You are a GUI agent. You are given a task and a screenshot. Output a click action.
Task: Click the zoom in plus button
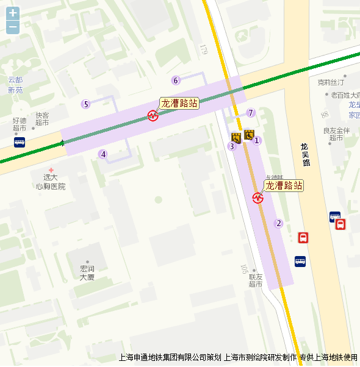[13, 13]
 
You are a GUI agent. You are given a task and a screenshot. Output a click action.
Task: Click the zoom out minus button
[13, 27]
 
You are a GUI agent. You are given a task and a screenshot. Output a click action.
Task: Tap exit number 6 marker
[176, 80]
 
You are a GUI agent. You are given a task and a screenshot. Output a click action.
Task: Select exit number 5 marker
[86, 104]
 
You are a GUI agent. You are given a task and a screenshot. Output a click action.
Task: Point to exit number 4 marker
[104, 154]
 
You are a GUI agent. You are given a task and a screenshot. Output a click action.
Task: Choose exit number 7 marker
[250, 113]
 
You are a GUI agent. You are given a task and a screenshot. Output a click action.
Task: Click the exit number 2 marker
[279, 223]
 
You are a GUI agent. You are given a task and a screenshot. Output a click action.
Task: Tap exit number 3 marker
[231, 146]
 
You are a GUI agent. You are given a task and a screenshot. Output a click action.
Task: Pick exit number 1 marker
[257, 141]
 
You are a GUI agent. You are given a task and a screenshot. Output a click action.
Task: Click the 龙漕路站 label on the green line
[179, 103]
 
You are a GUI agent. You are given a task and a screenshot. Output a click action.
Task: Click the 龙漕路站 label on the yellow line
[284, 185]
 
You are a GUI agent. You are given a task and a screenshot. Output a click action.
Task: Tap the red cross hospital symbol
[51, 169]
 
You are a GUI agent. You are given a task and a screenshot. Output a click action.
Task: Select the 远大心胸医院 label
[51, 182]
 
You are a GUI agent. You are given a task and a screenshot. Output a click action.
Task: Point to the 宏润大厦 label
[87, 273]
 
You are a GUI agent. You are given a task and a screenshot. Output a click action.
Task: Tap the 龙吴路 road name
[306, 155]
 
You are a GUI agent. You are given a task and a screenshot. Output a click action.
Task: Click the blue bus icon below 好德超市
[20, 142]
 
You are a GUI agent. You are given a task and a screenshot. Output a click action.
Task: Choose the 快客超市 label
[42, 119]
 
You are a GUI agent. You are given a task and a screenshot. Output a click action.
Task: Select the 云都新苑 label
[15, 85]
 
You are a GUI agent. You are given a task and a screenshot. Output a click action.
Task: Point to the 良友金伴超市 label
[336, 134]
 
